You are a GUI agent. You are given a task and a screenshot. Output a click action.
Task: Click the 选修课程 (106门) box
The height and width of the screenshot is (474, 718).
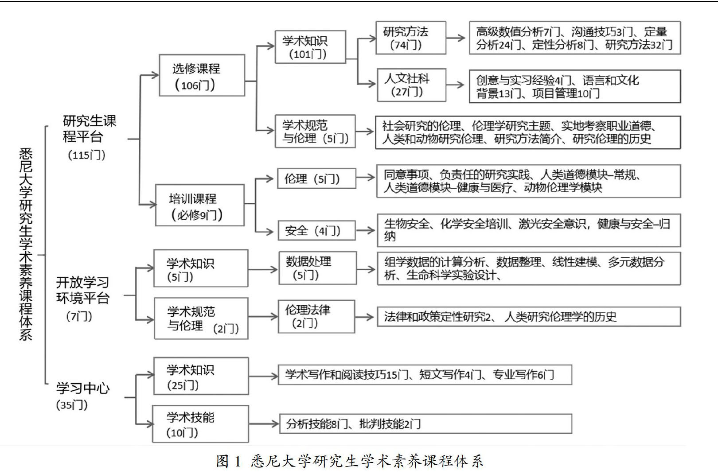pyautogui.click(x=202, y=75)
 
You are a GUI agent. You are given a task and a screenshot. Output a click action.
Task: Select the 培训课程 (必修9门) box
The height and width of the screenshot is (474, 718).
pyautogui.click(x=199, y=205)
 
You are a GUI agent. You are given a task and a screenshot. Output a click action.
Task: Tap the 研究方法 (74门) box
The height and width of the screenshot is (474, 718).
pyautogui.click(x=410, y=38)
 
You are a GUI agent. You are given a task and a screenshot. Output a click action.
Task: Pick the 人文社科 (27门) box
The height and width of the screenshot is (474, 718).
pyautogui.click(x=411, y=85)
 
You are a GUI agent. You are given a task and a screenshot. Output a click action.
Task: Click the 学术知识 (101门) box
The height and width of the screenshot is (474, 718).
pyautogui.click(x=310, y=47)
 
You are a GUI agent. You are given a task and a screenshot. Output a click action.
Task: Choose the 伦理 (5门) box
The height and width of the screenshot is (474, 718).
pyautogui.click(x=316, y=179)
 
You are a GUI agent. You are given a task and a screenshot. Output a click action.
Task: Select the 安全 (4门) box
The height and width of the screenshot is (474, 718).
pyautogui.click(x=316, y=230)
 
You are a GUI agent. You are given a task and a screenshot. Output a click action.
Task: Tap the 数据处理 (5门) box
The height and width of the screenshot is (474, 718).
pyautogui.click(x=317, y=268)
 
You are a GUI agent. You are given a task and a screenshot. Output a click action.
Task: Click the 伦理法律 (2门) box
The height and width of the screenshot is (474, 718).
pyautogui.click(x=316, y=316)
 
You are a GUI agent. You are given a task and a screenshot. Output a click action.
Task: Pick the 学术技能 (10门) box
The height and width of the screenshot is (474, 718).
pyautogui.click(x=200, y=424)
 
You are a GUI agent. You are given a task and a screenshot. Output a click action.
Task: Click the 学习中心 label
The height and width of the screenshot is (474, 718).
pyautogui.click(x=82, y=389)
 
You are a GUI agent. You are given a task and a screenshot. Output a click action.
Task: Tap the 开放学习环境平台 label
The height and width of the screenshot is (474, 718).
pyautogui.click(x=82, y=290)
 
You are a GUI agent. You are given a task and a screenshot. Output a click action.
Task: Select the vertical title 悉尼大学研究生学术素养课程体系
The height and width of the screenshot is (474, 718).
pyautogui.click(x=26, y=244)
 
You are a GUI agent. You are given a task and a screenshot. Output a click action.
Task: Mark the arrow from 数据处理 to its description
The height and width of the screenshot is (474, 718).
pyautogui.click(x=366, y=269)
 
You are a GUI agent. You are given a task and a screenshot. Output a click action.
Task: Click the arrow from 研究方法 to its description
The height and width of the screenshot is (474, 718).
pyautogui.click(x=457, y=38)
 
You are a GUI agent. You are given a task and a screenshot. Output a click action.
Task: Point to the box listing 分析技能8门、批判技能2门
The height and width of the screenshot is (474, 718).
pyautogui.click(x=425, y=424)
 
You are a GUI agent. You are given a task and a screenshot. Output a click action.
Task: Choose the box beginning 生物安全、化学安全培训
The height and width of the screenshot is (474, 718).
pyautogui.click(x=528, y=230)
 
